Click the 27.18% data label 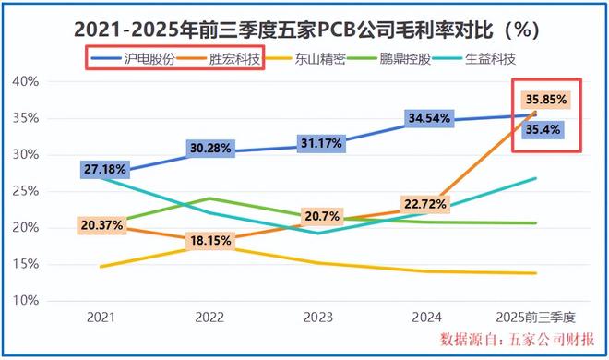[x=106, y=171]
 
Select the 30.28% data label [x=212, y=149]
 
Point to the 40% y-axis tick [x=25, y=81]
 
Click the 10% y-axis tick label [x=25, y=301]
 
